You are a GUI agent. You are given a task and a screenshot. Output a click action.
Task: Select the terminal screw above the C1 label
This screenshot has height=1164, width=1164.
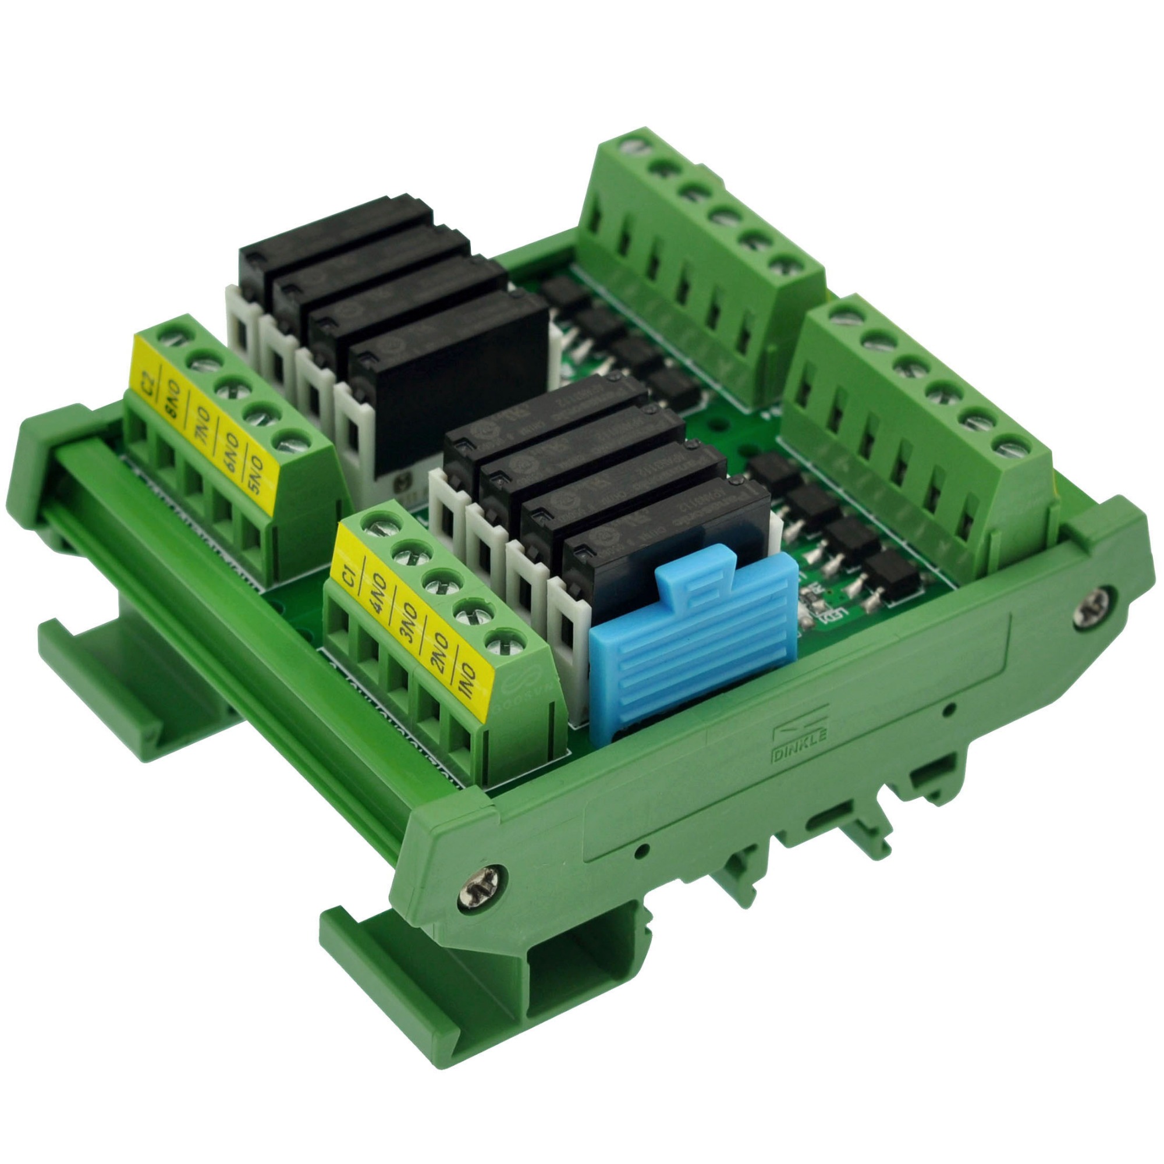pos(379,530)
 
